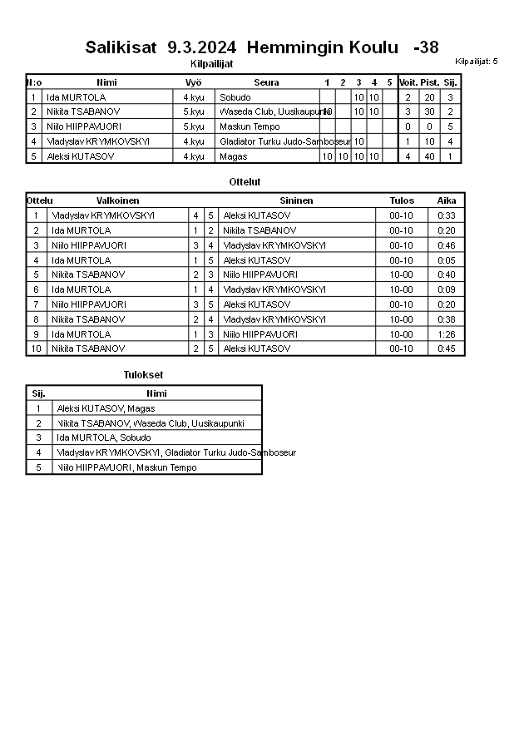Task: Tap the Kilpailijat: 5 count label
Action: (476, 62)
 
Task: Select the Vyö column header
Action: (193, 82)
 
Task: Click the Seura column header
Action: (266, 82)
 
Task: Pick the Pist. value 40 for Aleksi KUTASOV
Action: (429, 156)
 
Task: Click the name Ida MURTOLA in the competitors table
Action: (76, 97)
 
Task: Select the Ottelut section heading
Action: (245, 181)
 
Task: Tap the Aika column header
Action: (447, 200)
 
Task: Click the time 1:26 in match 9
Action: (447, 333)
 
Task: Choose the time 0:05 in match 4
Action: (447, 260)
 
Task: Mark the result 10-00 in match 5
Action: (401, 274)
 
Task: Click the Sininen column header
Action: (296, 200)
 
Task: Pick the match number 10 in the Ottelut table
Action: (36, 348)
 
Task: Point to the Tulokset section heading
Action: (143, 375)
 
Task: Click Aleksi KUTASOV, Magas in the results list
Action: (106, 408)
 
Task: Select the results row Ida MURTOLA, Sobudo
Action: (104, 437)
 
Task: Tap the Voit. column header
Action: (408, 82)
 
